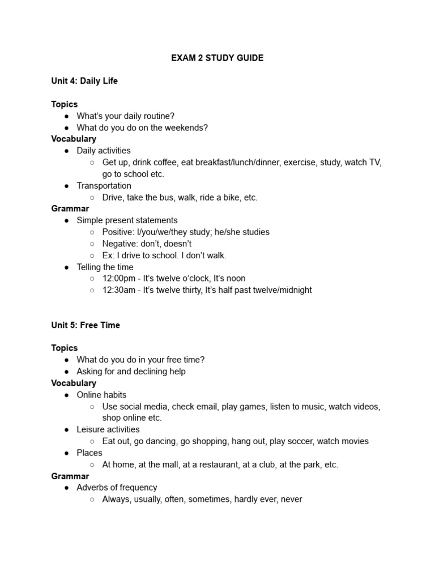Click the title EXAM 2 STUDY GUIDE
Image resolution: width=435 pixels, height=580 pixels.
[217, 58]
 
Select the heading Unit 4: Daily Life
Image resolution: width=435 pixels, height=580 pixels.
[84, 81]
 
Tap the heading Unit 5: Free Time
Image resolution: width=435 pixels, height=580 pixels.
[86, 325]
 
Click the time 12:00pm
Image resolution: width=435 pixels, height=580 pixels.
[118, 279]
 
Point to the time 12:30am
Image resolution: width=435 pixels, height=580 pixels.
[118, 290]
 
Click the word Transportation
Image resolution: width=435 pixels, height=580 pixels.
[104, 186]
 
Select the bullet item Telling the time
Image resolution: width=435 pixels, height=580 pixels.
[105, 267]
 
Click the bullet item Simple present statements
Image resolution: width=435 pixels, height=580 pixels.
[127, 220]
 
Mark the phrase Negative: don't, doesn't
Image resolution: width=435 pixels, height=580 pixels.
[147, 244]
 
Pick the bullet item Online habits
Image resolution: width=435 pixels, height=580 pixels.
[101, 395]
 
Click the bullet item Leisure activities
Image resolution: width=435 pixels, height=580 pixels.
[108, 429]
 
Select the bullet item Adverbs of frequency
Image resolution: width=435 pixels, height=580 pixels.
[117, 488]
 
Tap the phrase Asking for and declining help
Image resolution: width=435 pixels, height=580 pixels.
[131, 372]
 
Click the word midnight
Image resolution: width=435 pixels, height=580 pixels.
[291, 290]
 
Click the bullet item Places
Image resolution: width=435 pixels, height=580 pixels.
[89, 453]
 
